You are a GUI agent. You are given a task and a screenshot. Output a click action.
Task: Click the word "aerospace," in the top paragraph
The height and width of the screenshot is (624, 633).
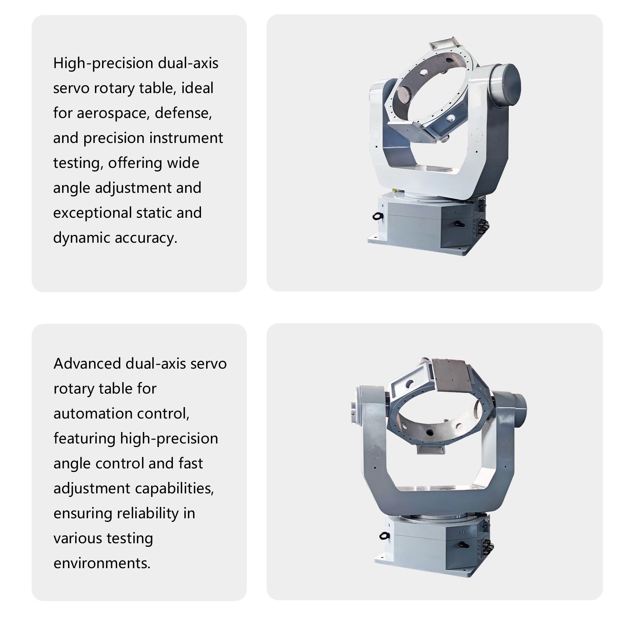pyautogui.click(x=112, y=114)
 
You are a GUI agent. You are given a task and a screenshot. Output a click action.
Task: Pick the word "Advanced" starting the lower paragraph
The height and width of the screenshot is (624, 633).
pyautogui.click(x=87, y=363)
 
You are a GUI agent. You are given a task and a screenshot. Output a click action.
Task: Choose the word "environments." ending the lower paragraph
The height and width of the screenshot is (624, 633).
pyautogui.click(x=102, y=563)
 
